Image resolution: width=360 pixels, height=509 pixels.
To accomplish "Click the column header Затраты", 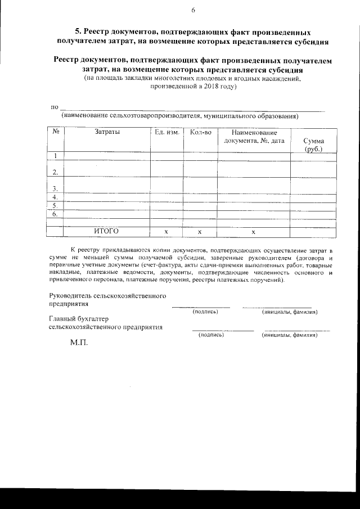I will coord(107,132).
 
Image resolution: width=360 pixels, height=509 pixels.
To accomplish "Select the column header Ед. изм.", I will coord(166,132).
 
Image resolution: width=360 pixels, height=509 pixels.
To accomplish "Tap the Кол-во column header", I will coord(200,132).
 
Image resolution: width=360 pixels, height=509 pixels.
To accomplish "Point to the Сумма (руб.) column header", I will coord(313,145).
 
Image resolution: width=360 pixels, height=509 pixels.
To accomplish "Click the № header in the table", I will coord(56,132).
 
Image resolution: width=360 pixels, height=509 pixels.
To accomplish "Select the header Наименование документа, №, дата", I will coord(254,137).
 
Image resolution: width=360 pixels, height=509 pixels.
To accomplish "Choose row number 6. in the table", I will coord(55,214).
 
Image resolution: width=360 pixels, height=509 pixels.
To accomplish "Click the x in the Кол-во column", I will coord(200,232).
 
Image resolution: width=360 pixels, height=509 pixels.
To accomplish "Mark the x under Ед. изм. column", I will coord(166,232).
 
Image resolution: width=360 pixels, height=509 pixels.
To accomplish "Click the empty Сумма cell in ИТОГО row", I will coord(313,232).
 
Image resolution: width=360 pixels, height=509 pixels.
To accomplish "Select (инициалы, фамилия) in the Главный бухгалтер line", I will coord(290,335).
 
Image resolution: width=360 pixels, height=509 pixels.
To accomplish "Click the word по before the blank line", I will coord(55,106).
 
